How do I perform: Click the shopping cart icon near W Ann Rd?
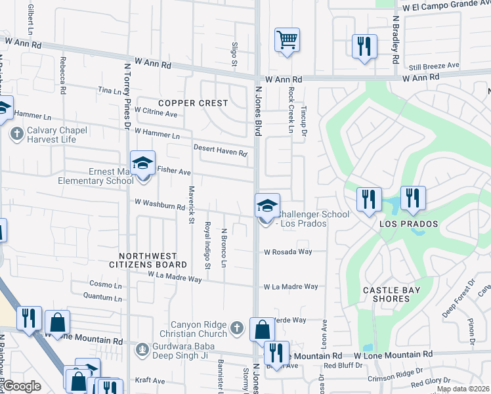pos(287,41)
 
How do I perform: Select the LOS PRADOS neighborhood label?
pos(408,224)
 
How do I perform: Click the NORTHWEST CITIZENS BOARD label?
pos(152,260)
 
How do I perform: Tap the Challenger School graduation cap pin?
pos(267,206)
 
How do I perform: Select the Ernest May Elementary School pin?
pos(142,164)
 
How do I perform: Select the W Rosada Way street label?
pos(288,252)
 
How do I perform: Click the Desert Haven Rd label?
pos(220,150)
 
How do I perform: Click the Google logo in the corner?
pos(21,386)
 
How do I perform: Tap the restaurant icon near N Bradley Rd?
pos(364,47)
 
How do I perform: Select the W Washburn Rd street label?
pos(160,205)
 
